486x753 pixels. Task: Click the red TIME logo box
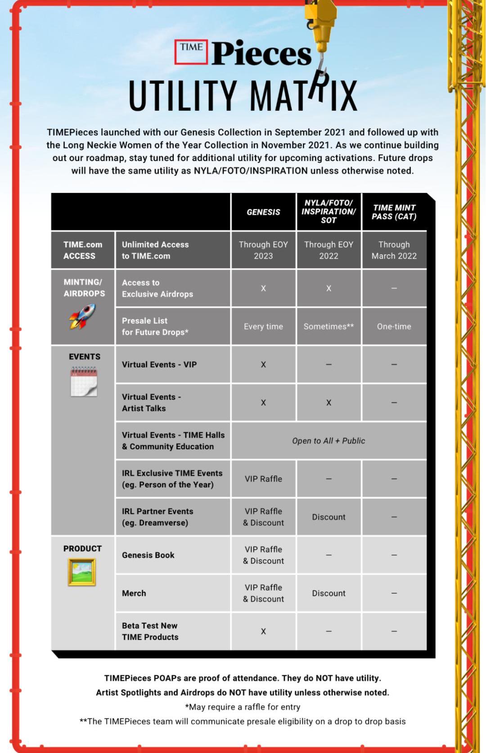191,52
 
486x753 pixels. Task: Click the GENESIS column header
263,212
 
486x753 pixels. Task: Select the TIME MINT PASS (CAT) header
394,212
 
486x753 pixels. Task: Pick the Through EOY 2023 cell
263,250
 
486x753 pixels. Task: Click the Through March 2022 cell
394,250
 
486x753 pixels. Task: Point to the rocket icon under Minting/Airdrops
82,316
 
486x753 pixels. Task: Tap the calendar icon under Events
84,381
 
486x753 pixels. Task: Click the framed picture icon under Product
82,572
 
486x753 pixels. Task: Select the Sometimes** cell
328,327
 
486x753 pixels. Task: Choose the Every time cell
263,327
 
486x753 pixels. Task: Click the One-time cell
394,327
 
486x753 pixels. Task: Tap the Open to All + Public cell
328,441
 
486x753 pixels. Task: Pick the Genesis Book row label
148,555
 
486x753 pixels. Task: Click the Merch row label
134,593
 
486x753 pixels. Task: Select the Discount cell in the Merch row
328,593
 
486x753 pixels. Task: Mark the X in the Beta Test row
263,632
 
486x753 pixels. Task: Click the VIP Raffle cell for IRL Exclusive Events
263,479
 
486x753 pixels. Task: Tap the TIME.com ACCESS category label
83,250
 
